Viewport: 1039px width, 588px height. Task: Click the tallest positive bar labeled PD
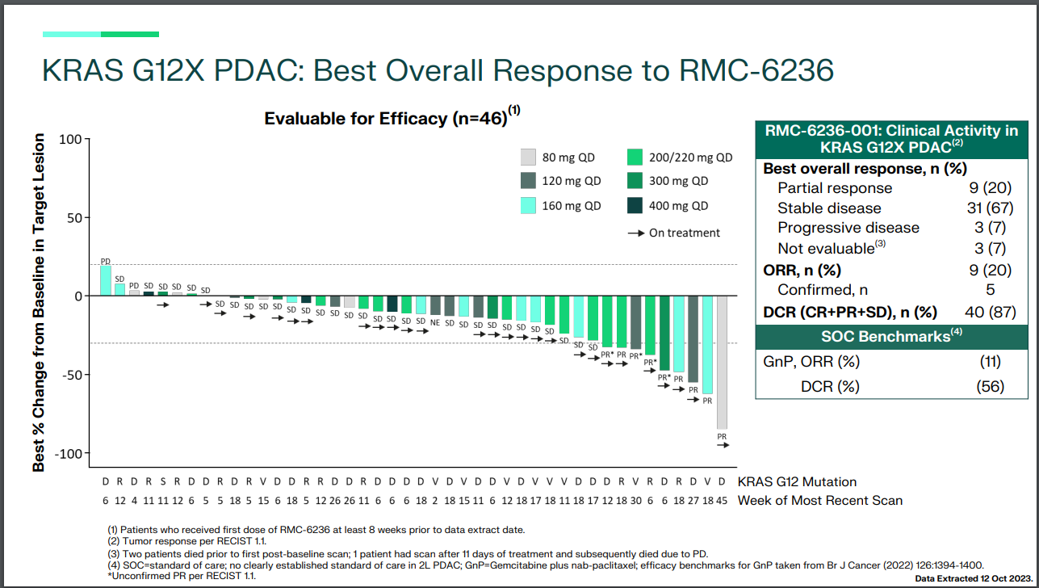(105, 280)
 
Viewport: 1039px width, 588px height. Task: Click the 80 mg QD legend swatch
(528, 157)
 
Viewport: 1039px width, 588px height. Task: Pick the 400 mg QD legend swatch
(635, 206)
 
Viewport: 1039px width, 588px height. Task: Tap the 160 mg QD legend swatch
(528, 206)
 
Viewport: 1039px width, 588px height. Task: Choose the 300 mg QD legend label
(679, 182)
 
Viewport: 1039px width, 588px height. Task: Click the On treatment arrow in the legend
(635, 233)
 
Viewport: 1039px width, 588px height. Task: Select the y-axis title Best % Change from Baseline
(39, 304)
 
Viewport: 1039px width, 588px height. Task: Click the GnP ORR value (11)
(991, 361)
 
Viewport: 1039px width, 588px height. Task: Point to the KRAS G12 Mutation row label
(797, 482)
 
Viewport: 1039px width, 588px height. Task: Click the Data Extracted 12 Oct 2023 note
(972, 579)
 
